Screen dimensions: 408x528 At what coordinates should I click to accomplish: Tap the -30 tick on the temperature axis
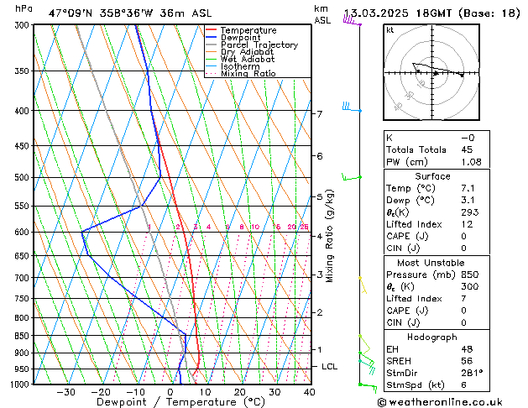pos(65,392)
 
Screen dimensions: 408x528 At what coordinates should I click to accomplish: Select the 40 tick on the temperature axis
pos(309,392)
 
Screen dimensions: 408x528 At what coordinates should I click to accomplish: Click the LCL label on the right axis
pos(330,367)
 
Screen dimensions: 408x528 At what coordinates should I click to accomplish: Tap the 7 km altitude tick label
pos(319,113)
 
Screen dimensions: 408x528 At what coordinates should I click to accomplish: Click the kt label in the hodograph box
pos(389,30)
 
